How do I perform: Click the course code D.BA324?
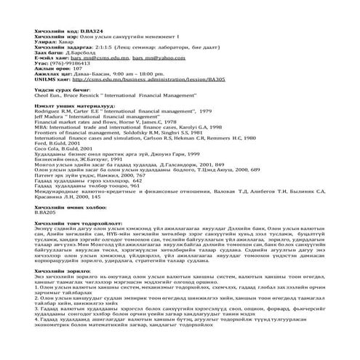tap(87, 32)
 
